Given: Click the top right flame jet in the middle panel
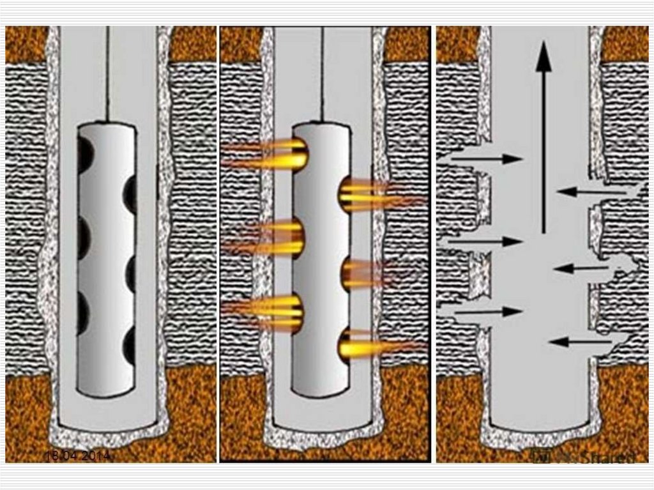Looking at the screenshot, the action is [x=377, y=195].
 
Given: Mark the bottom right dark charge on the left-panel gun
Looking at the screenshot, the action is [x=130, y=346].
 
